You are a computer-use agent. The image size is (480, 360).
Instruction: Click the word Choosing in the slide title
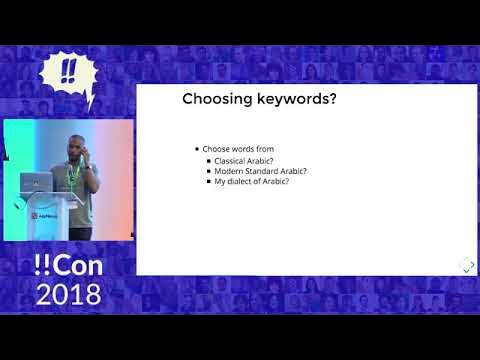coord(213,99)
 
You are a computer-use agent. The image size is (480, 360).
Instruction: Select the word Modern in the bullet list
coord(231,171)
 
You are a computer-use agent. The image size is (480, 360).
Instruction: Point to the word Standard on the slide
coord(265,171)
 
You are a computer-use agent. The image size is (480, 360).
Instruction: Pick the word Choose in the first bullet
coord(214,149)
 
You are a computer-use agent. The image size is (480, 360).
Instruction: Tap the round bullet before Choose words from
coord(196,149)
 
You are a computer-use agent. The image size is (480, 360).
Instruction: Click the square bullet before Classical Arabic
coord(208,160)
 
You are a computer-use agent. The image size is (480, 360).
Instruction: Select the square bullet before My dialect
coord(208,182)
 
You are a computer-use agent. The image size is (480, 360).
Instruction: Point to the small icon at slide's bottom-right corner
coord(465,264)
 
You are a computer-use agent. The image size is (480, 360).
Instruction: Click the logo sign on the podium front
coord(42,215)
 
